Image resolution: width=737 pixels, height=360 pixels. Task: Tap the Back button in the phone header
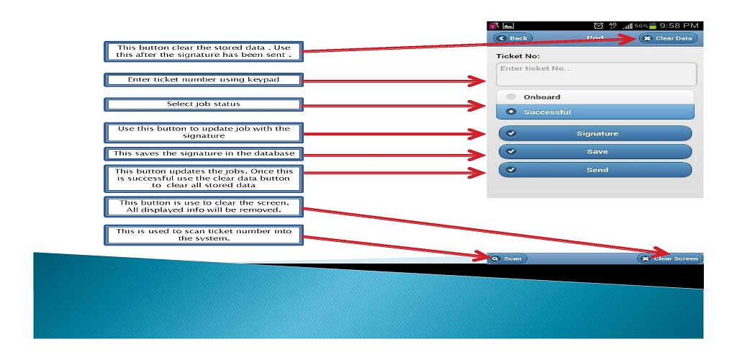tap(512, 39)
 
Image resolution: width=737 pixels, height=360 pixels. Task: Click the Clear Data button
tap(668, 39)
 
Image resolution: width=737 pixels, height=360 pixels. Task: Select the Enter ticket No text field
tap(596, 74)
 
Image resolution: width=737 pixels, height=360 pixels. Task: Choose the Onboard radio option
tap(595, 97)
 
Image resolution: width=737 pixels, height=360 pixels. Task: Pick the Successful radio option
tap(595, 112)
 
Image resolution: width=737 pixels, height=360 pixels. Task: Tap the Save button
tap(595, 152)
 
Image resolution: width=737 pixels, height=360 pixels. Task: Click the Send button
tap(595, 170)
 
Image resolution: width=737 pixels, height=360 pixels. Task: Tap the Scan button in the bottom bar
tap(507, 258)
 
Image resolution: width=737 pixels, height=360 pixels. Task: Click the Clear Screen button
tap(670, 258)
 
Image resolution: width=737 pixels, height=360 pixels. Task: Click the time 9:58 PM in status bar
tap(679, 26)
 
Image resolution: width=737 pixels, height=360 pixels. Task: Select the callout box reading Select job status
tap(204, 104)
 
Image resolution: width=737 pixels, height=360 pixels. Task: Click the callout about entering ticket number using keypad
tap(204, 80)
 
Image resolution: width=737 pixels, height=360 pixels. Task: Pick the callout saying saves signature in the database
tap(204, 153)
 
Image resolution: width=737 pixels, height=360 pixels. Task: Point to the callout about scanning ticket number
tap(204, 235)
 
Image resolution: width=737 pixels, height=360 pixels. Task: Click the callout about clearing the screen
tap(204, 207)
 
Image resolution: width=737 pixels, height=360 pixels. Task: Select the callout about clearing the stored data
tap(204, 51)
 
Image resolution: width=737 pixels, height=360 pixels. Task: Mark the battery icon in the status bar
tap(653, 26)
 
